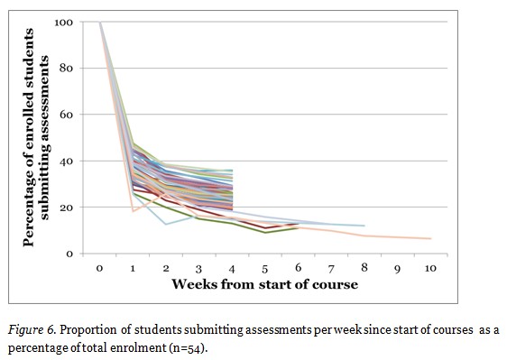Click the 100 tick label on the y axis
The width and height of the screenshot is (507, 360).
pos(63,22)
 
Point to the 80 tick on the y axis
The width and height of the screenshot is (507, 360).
pos(66,69)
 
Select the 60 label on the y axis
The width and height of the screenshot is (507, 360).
pos(66,115)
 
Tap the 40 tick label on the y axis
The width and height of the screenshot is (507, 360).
pos(66,162)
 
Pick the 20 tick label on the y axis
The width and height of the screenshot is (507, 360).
pos(66,208)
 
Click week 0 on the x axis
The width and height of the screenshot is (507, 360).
pos(100,268)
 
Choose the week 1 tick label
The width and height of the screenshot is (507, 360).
pos(134,268)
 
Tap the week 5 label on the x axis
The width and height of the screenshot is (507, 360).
pos(265,268)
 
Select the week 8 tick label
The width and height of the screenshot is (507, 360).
pos(364,268)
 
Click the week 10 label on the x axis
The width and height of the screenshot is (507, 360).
pos(429,268)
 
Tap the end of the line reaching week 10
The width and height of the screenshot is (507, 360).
pos(430,238)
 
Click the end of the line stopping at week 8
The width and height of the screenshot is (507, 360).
pos(364,226)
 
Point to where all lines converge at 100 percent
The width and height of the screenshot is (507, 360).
pos(100,23)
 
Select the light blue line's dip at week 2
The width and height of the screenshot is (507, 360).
pos(166,224)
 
